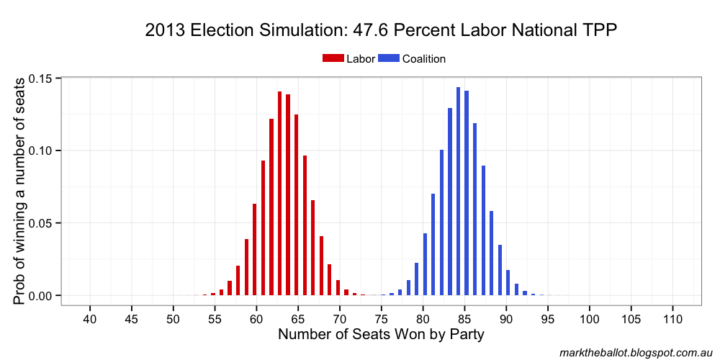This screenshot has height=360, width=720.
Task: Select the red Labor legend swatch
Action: [x=333, y=59]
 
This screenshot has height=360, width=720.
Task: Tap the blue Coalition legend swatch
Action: [x=389, y=59]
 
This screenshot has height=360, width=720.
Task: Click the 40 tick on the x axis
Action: [x=90, y=318]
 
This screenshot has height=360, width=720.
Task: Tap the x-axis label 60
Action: [x=256, y=318]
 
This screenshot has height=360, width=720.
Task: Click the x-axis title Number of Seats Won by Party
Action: [x=381, y=335]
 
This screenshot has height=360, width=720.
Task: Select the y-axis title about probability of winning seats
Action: [x=22, y=187]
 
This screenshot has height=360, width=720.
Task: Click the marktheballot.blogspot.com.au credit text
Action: [x=636, y=351]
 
